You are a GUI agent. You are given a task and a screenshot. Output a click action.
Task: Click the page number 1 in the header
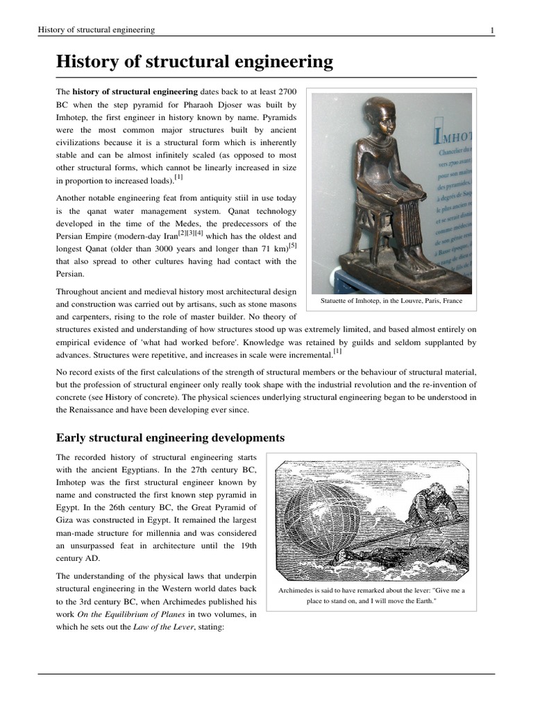491,30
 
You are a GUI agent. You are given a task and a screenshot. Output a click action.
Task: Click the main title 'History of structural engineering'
194,62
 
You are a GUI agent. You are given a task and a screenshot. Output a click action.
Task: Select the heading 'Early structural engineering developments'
170,438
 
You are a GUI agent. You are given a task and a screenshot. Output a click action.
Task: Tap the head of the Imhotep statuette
379,119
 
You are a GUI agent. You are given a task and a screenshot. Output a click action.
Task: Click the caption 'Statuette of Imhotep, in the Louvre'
391,302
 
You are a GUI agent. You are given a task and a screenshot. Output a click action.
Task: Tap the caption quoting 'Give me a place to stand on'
371,596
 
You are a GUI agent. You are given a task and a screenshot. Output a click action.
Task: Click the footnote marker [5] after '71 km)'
293,245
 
